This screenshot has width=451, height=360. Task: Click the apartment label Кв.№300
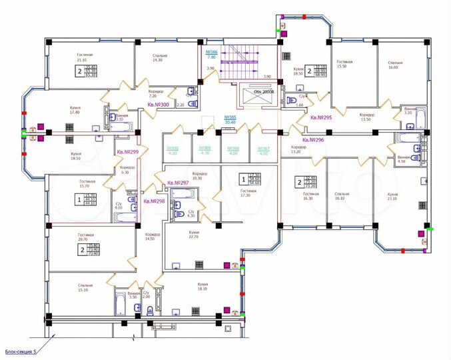157,105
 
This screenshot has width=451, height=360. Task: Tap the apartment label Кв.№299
128,151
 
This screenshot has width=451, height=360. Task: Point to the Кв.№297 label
178,183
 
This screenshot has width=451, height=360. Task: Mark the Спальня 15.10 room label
85,287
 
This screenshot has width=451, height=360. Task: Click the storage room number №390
172,150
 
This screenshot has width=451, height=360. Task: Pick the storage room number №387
264,150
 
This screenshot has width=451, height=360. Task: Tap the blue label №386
212,54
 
